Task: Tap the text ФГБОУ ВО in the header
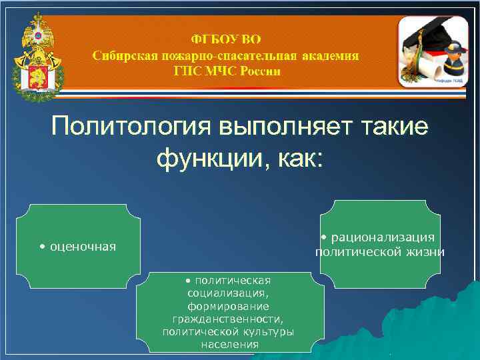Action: click(x=226, y=39)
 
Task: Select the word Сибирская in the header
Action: click(x=124, y=55)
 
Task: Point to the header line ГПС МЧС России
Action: click(x=227, y=71)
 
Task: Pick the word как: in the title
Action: click(x=299, y=159)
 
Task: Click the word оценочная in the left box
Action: click(x=81, y=247)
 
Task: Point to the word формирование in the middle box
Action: click(x=228, y=306)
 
